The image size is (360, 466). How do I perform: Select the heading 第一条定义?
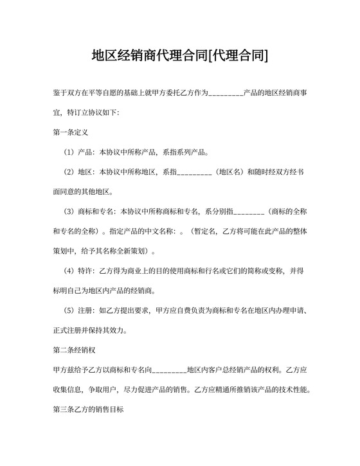pos(71,132)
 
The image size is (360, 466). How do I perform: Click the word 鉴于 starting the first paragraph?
pos(60,94)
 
